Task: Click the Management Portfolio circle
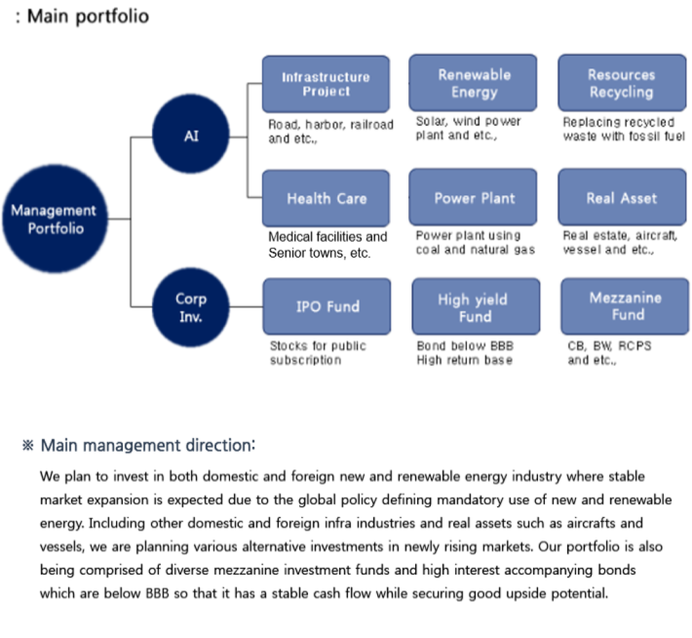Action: (56, 219)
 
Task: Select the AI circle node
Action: (191, 134)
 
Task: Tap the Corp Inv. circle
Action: (191, 307)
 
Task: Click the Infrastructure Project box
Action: (327, 84)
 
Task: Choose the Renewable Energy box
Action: (473, 83)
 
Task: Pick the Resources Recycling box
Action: (622, 83)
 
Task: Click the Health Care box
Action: (327, 198)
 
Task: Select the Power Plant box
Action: (473, 197)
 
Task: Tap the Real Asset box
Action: (622, 197)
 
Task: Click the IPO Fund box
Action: (327, 306)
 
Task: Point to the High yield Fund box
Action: (477, 306)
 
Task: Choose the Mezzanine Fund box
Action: (626, 306)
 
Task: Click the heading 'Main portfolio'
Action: (88, 17)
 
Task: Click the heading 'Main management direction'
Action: (148, 446)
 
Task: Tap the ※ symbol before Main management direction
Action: (28, 446)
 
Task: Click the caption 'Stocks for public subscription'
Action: (318, 352)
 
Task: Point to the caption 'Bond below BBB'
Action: (465, 345)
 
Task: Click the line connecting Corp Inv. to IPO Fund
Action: (247, 306)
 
